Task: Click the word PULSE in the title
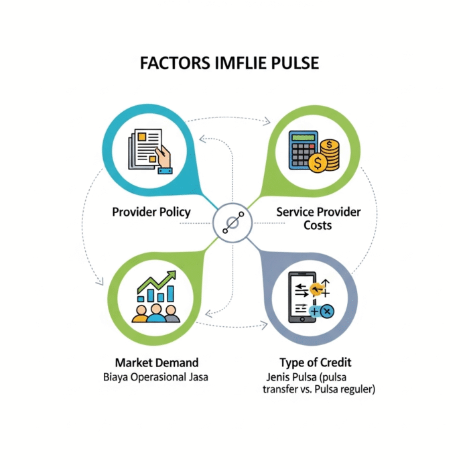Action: point(295,63)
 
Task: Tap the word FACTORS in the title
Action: point(175,63)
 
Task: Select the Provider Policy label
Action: point(151,212)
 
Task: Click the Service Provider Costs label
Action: point(318,218)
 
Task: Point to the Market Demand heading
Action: point(157,362)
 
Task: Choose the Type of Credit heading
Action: point(316,363)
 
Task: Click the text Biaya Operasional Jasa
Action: point(155,377)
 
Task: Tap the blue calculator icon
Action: point(303,150)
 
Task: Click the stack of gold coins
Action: point(330,155)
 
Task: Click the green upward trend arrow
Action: point(156,281)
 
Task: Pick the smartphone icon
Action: point(302,297)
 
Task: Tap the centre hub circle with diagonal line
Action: point(232,223)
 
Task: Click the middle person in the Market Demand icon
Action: point(156,313)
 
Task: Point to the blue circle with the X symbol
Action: point(327,312)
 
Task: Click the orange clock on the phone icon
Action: point(316,289)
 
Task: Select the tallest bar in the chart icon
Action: point(170,293)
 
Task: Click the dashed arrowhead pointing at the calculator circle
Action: point(267,121)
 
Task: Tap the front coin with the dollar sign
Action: point(318,163)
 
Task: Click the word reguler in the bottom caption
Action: point(357,389)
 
